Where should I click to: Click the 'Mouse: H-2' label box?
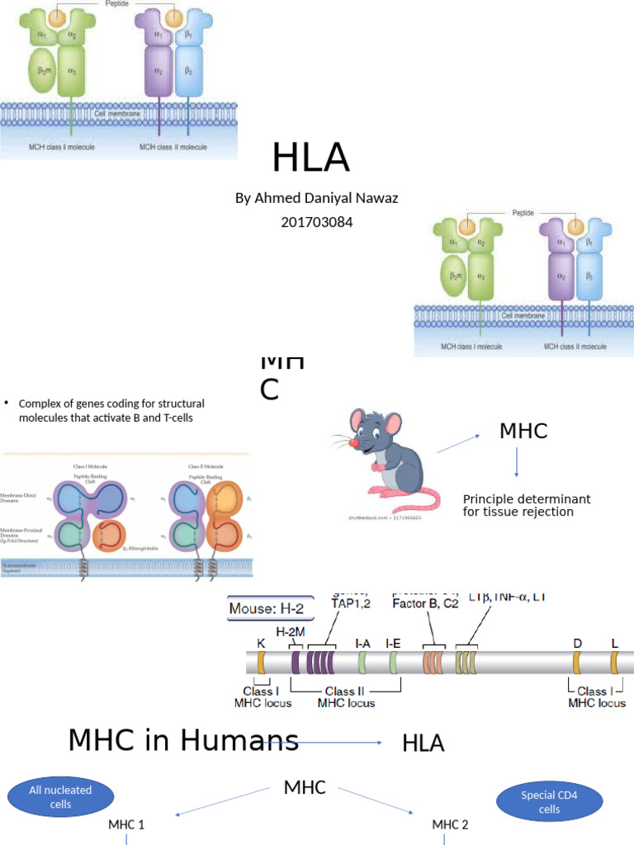(x=271, y=610)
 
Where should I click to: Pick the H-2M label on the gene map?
(x=291, y=632)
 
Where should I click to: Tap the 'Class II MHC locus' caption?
(x=346, y=696)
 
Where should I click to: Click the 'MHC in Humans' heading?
(x=183, y=739)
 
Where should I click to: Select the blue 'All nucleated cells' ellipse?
(x=60, y=796)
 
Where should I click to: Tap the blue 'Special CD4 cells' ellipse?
(x=541, y=802)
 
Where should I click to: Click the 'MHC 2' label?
(x=450, y=824)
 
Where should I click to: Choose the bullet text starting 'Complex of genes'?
(x=111, y=410)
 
